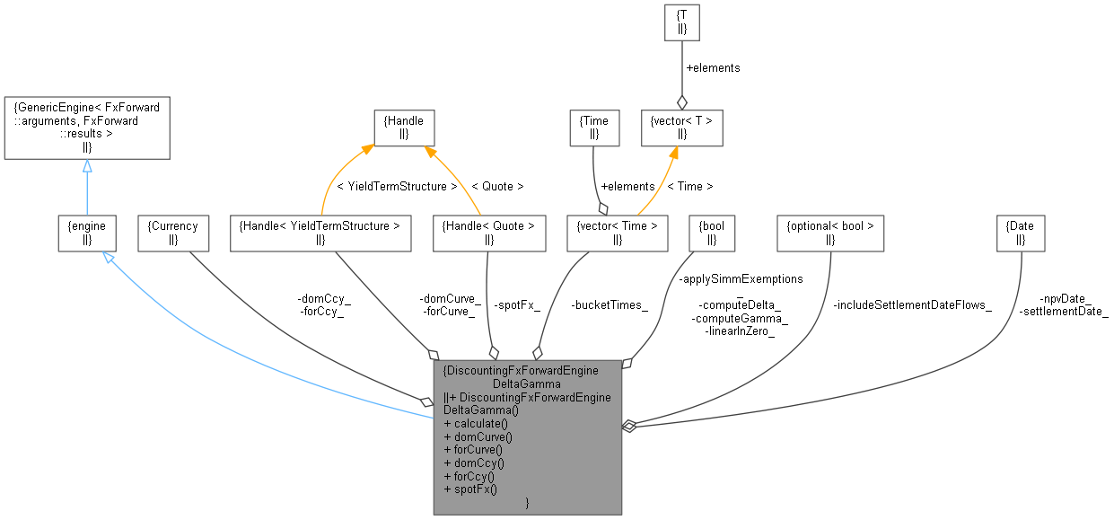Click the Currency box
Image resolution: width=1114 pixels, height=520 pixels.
[173, 233]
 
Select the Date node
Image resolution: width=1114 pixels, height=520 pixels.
[1021, 233]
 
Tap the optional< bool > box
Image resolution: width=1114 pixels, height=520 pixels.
[829, 233]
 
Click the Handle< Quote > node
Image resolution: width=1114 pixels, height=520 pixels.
[488, 233]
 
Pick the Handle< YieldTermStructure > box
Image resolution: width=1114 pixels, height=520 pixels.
[320, 233]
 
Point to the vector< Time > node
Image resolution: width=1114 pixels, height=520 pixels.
[618, 233]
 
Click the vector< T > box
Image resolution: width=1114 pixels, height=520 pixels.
[681, 128]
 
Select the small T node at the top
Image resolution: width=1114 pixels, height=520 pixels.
[681, 22]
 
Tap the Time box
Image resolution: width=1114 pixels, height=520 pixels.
[594, 128]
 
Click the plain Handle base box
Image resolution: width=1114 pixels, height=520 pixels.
[404, 128]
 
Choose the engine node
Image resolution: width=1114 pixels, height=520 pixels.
[87, 233]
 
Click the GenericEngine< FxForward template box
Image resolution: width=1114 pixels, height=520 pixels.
[87, 129]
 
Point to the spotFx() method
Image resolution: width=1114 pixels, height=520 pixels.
[471, 489]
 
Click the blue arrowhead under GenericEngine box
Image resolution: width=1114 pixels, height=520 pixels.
[87, 166]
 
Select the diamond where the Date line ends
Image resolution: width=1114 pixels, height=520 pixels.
[629, 426]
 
